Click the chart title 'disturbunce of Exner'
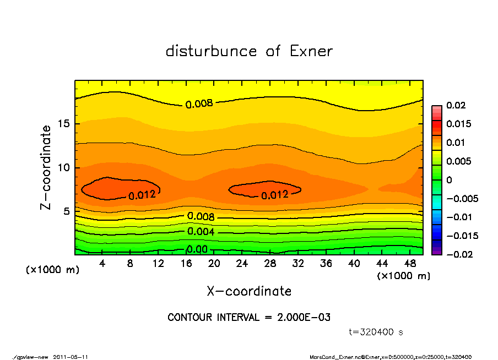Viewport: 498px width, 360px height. point(249,52)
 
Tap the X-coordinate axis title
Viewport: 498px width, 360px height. point(249,291)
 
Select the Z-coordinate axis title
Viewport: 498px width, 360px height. point(46,167)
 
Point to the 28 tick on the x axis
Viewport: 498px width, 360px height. point(270,264)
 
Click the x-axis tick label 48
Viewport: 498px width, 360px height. point(409,264)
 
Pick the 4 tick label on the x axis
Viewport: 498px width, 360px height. point(102,264)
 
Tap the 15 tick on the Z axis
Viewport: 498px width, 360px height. point(64,124)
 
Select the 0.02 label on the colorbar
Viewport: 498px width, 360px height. point(456,105)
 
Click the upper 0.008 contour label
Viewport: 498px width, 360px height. point(199,104)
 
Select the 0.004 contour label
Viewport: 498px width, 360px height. point(201,232)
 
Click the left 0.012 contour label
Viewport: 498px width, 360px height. point(142,195)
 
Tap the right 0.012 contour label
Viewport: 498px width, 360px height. point(274,195)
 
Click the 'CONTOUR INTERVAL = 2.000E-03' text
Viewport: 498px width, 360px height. point(249,318)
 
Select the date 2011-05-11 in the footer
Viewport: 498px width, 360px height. point(71,357)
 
